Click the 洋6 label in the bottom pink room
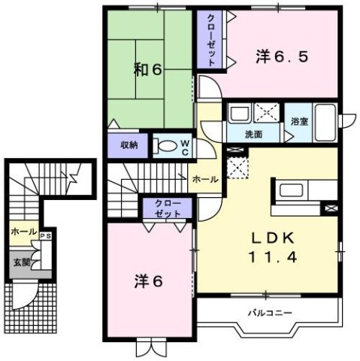tap(148, 282)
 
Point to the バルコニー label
tap(269, 311)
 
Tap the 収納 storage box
tap(127, 144)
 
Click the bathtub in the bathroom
tap(327, 124)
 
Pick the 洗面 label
tap(253, 134)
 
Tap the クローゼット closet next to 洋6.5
tap(211, 41)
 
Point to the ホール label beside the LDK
tap(204, 180)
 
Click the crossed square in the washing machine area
tap(268, 114)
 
